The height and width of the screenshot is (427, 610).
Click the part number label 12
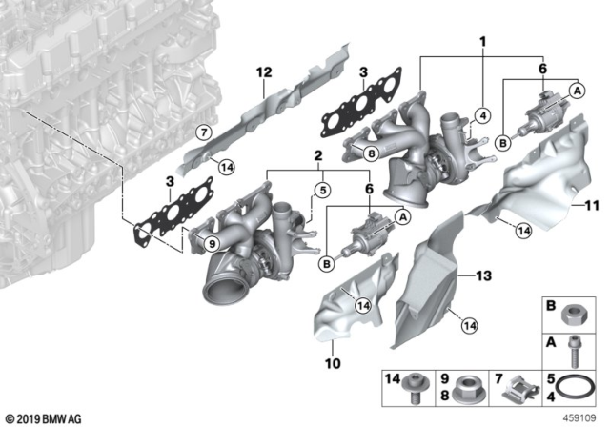(x=263, y=71)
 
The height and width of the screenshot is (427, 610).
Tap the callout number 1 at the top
(x=483, y=43)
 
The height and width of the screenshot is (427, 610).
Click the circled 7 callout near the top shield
(x=202, y=132)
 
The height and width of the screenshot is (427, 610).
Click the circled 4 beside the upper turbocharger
(x=482, y=116)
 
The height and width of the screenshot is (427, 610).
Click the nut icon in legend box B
(x=575, y=315)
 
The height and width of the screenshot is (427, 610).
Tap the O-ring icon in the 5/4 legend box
(x=575, y=392)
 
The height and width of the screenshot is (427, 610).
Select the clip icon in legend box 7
(x=520, y=392)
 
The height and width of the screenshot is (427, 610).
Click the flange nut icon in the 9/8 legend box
(x=468, y=391)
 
